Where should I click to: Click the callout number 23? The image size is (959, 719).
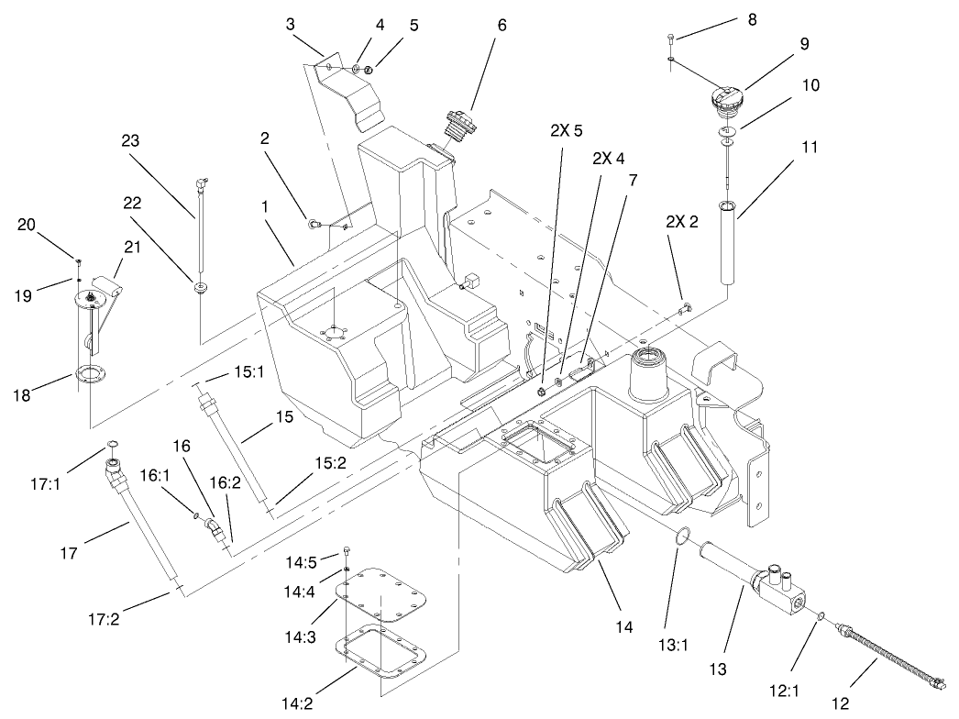[132, 141]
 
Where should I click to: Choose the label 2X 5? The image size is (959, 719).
[567, 130]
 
